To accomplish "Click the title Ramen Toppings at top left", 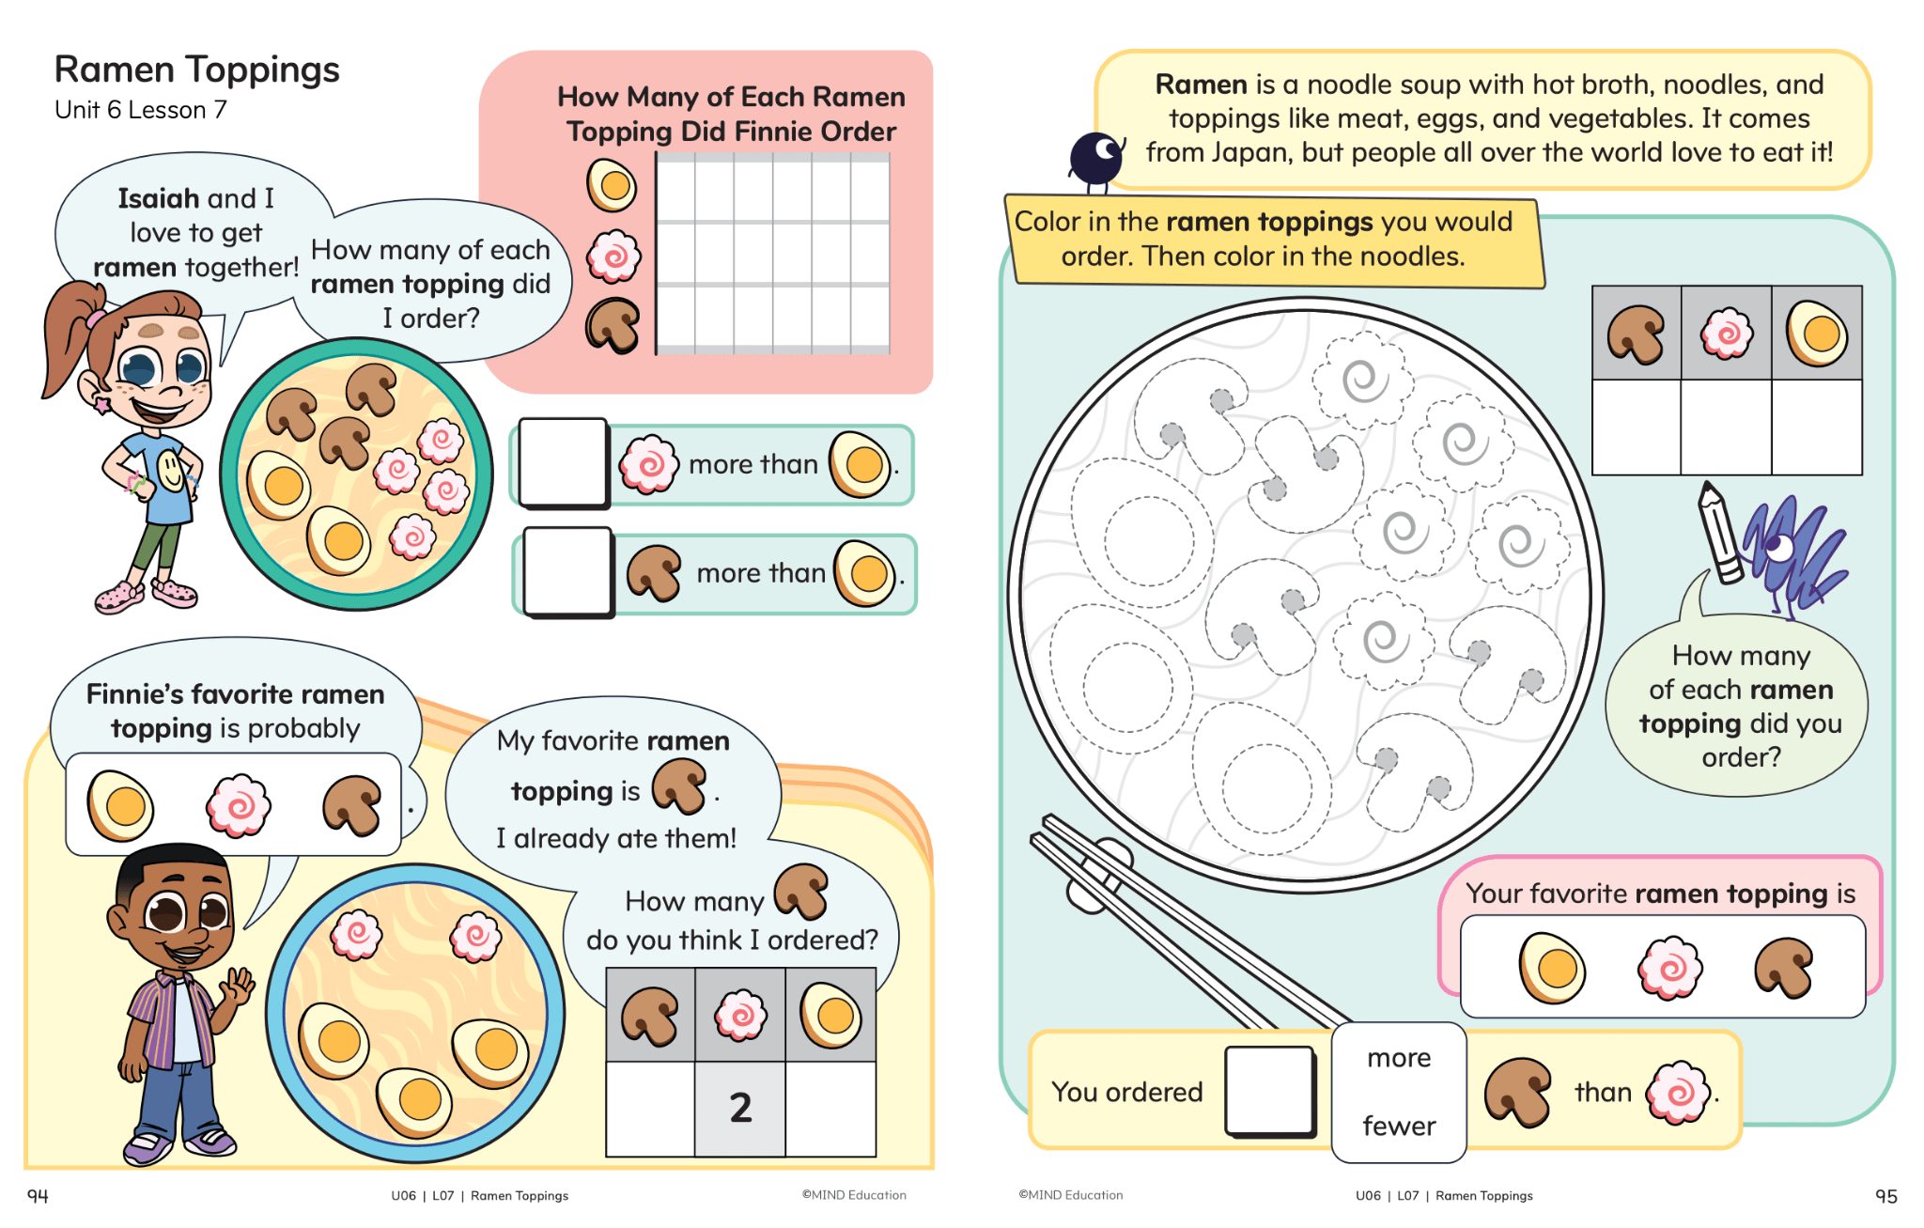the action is pyautogui.click(x=196, y=70).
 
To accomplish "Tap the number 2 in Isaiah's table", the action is pyautogui.click(x=740, y=1108).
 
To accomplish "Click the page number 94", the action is pyautogui.click(x=38, y=1195).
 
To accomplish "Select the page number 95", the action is pyautogui.click(x=1885, y=1195).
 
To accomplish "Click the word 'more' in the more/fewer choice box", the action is pyautogui.click(x=1399, y=1058).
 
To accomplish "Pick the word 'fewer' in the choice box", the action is pyautogui.click(x=1399, y=1126).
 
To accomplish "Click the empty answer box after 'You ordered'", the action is pyautogui.click(x=1269, y=1091).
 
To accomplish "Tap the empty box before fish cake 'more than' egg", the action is pyautogui.click(x=563, y=462).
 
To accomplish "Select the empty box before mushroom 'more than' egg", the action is pyautogui.click(x=567, y=571).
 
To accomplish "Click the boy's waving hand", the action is pyautogui.click(x=236, y=987).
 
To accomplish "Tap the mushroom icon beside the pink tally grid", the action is pyautogui.click(x=613, y=325).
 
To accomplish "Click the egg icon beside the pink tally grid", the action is pyautogui.click(x=612, y=184).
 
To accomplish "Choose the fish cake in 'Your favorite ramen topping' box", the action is pyautogui.click(x=1669, y=967).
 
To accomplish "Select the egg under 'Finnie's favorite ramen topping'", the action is pyautogui.click(x=120, y=805).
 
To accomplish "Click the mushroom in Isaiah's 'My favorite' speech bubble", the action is pyautogui.click(x=679, y=786).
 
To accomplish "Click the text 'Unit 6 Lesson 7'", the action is pyautogui.click(x=140, y=110).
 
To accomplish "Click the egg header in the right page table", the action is pyautogui.click(x=1817, y=334).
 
